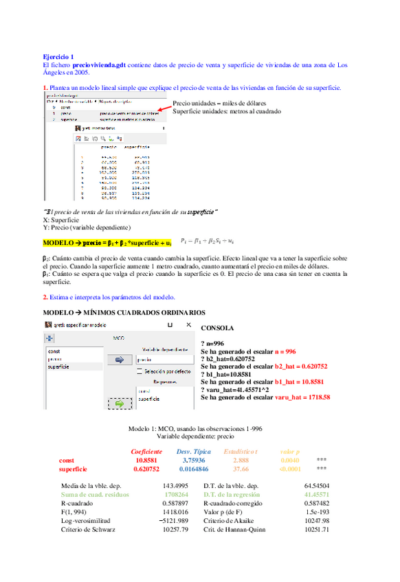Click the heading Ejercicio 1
[x=58, y=56]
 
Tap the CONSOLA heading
[x=217, y=328]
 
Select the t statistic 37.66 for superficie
[x=241, y=469]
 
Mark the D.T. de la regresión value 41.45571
[x=315, y=493]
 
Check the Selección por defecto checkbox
[x=140, y=371]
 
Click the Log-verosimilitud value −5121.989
[x=166, y=520]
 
